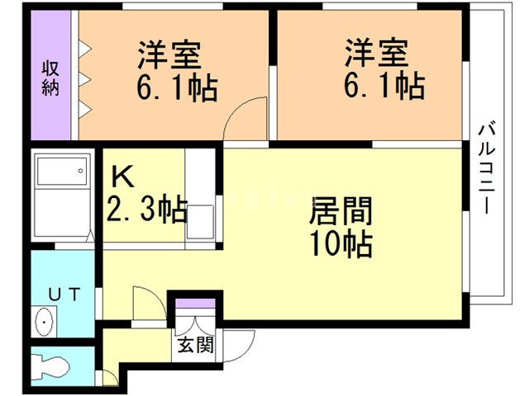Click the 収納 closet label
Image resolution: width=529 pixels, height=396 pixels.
(50, 77)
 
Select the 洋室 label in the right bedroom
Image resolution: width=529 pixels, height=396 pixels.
(376, 57)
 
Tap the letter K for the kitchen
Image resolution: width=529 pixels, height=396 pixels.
(122, 177)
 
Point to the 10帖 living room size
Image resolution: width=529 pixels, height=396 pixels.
(341, 244)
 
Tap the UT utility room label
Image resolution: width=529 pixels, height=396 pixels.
(63, 294)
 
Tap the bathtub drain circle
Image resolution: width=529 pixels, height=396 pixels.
(80, 172)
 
